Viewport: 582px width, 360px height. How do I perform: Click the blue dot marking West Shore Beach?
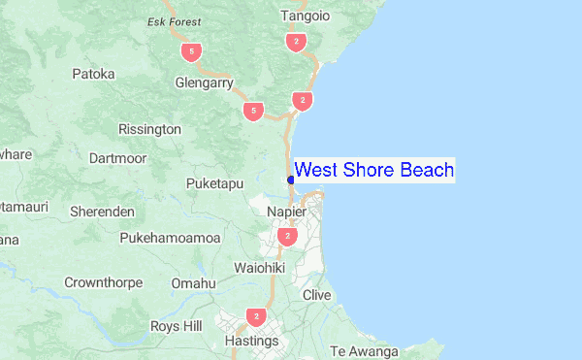point(291,180)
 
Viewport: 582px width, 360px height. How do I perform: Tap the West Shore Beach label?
point(373,171)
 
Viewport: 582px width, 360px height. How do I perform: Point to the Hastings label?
point(251,342)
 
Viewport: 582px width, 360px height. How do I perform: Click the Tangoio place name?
point(305,16)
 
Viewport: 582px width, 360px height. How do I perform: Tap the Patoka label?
point(93,74)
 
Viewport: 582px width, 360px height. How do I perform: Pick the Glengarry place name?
point(204,83)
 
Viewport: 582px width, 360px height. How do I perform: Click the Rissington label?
point(149,129)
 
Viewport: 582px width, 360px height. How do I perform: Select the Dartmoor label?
point(116,156)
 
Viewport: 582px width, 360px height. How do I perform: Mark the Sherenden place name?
point(102,211)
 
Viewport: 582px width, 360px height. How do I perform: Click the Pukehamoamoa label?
point(171,238)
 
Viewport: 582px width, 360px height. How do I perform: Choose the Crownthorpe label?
point(103,283)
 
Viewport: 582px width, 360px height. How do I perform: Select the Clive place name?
point(317,295)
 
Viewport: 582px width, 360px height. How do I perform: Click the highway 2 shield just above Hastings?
point(256,316)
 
